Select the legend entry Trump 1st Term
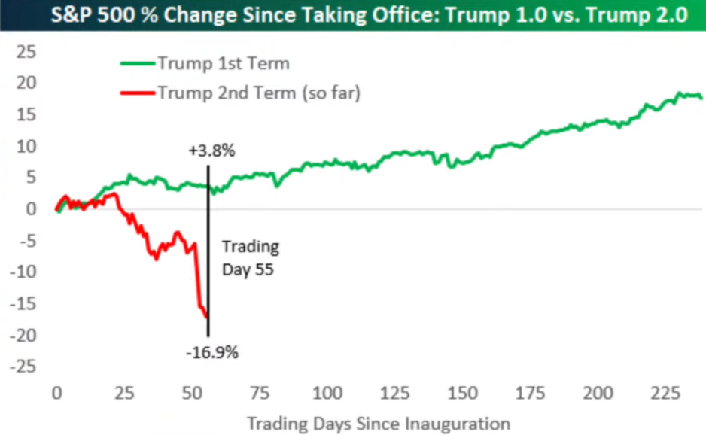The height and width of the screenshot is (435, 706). (x=223, y=63)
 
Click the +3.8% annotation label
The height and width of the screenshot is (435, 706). (x=211, y=151)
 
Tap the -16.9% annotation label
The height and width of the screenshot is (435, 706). (x=212, y=351)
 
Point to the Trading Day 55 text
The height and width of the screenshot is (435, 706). (x=250, y=257)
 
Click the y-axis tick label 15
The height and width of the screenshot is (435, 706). (x=28, y=114)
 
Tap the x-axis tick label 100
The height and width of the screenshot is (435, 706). (x=327, y=394)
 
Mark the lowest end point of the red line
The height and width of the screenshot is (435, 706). (x=206, y=316)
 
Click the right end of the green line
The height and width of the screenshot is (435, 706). (x=701, y=98)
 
